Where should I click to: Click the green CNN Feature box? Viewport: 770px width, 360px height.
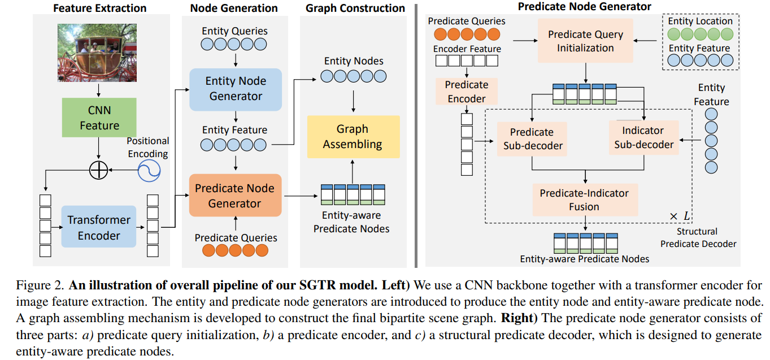tap(99, 118)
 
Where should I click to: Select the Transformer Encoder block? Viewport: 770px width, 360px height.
tap(99, 227)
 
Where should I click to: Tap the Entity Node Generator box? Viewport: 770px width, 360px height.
tap(235, 89)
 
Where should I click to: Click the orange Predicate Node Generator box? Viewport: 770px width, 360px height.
tap(235, 196)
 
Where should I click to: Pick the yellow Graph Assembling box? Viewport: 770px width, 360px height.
tap(353, 137)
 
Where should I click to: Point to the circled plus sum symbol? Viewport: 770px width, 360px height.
tap(99, 170)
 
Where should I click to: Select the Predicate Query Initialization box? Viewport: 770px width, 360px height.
tap(585, 41)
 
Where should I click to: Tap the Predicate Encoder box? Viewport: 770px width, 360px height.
tap(467, 92)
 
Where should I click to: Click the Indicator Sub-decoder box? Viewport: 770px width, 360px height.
tap(643, 137)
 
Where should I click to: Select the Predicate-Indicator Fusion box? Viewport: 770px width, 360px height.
tap(584, 199)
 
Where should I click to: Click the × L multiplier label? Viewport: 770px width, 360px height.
tap(680, 216)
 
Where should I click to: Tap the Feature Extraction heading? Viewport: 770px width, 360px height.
tap(99, 8)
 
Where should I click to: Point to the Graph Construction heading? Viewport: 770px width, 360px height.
tap(355, 8)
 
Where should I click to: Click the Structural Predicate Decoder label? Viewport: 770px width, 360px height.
tap(698, 238)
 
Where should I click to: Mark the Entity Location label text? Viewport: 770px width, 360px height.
tap(700, 21)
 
